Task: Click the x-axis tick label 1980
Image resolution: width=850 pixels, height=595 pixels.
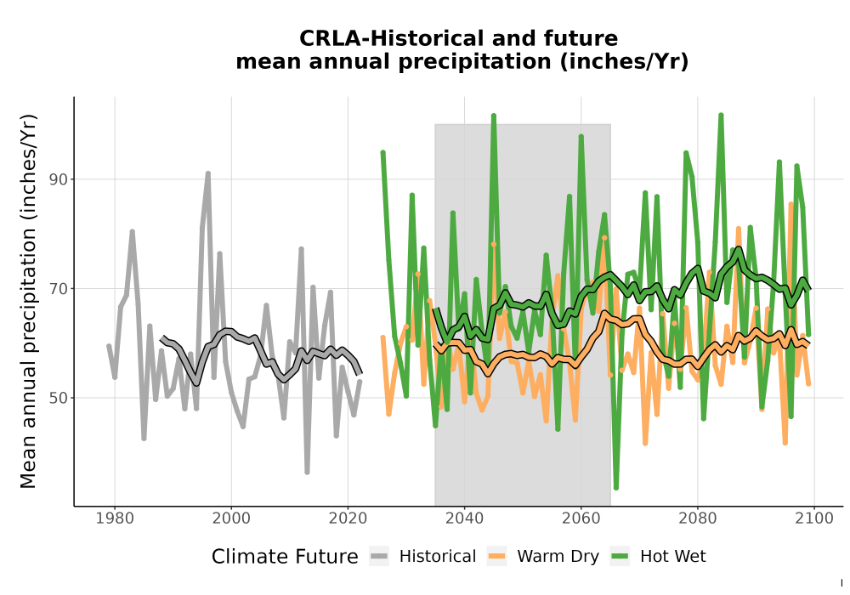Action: coord(115,518)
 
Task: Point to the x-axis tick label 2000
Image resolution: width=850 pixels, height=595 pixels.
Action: coord(231,518)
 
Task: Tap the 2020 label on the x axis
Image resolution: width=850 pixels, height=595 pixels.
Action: coord(348,518)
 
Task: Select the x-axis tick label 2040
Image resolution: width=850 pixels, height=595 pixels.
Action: coord(465,518)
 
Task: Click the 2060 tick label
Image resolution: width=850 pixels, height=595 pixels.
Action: coord(581,518)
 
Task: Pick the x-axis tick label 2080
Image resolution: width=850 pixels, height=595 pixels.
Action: coord(698,518)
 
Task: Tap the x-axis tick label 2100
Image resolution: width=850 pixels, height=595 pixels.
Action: coord(814,518)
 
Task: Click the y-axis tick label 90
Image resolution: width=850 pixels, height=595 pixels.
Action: coord(59,179)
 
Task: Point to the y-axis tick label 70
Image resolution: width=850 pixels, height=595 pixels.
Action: coord(59,289)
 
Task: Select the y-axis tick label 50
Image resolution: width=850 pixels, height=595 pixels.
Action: coord(59,398)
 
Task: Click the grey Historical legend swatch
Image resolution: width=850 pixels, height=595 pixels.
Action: coord(379,557)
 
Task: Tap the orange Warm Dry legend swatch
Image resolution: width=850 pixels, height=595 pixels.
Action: coord(496,557)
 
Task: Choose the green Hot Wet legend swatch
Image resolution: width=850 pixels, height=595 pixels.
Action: coord(620,557)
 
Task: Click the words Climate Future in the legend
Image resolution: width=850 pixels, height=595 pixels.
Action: coord(285,557)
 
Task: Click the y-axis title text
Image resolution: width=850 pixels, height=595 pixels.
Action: coord(28,301)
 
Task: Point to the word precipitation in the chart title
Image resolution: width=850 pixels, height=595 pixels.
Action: coord(474,62)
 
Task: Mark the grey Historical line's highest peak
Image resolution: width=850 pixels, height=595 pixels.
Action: coord(207,173)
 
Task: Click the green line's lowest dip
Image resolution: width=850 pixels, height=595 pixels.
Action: coord(615,488)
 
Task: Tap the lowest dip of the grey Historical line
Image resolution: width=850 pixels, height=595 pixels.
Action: coord(307,473)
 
